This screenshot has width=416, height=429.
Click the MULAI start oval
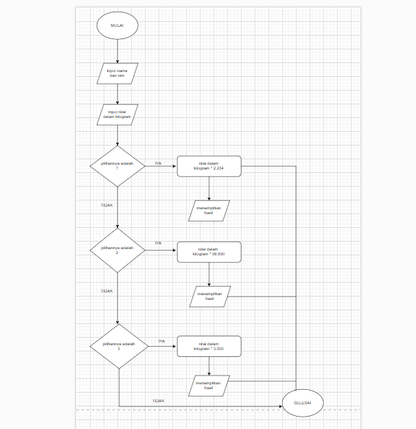point(117,25)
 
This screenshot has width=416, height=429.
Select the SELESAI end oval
point(303,403)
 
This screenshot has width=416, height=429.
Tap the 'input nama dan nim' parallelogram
point(117,73)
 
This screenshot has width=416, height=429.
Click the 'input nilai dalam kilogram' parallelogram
point(117,114)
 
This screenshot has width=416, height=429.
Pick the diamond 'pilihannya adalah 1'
point(117,165)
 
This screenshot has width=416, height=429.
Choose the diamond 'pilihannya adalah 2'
point(117,250)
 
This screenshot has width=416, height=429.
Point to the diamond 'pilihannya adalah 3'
point(118,346)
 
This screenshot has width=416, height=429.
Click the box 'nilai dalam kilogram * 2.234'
point(209,166)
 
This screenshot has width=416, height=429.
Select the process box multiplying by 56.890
point(209,251)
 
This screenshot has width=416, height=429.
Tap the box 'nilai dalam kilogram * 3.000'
point(209,346)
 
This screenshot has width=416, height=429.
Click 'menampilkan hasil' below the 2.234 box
point(209,211)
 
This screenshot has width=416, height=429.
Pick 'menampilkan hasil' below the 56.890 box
point(209,296)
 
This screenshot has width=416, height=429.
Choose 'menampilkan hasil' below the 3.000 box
point(209,386)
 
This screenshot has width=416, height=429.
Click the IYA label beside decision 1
point(158,163)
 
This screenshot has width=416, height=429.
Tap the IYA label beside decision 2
point(158,243)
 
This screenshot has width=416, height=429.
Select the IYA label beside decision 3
point(161,341)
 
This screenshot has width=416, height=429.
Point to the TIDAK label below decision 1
point(106,205)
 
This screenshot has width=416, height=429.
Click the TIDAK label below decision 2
point(106,291)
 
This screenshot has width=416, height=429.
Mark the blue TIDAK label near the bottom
point(159,400)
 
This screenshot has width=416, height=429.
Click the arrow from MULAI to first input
point(117,50)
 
